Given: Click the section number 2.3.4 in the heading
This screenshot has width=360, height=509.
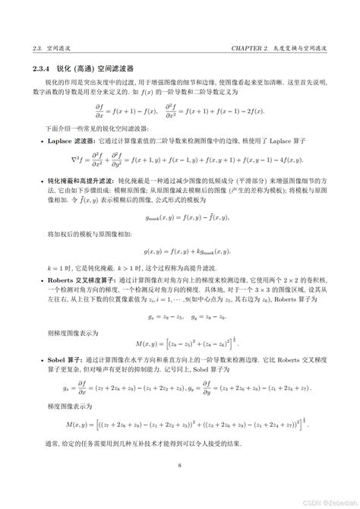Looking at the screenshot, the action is tap(33, 68).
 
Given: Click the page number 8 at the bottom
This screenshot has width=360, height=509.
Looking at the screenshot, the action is tap(179, 466).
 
